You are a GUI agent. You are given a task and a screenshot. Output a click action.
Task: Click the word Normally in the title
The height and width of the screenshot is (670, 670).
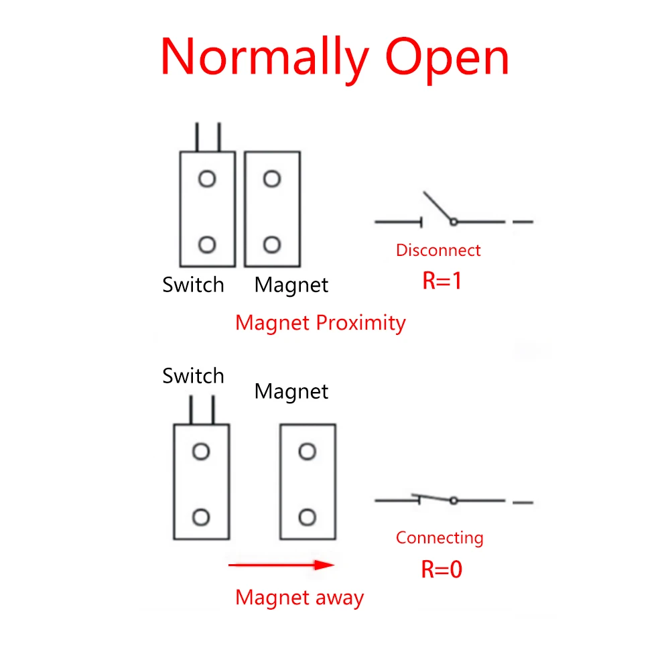[265, 59]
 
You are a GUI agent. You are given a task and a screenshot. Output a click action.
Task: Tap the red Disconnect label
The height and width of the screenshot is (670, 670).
[438, 251]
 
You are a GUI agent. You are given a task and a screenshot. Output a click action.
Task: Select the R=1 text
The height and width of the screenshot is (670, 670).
[442, 280]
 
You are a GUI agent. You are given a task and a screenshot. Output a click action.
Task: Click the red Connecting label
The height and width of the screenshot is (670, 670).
[440, 537]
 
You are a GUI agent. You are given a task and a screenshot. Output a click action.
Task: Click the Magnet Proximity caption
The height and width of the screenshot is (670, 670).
[320, 323]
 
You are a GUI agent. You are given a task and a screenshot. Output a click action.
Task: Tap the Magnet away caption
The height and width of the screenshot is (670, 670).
[299, 597]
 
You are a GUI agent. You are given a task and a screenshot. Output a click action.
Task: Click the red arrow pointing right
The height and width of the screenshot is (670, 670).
[281, 565]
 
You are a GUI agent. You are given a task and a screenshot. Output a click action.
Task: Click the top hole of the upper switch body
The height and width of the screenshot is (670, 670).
[207, 179]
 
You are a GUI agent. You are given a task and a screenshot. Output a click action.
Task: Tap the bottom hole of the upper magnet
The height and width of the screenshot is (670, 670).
[271, 245]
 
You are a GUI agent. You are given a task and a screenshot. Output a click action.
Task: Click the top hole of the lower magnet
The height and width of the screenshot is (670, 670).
[307, 452]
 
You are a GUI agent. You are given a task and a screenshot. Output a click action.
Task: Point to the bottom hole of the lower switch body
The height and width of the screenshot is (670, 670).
[201, 517]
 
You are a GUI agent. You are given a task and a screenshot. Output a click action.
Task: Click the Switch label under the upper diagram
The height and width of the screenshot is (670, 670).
[193, 285]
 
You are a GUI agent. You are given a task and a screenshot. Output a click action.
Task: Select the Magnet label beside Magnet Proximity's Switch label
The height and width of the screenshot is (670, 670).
[291, 285]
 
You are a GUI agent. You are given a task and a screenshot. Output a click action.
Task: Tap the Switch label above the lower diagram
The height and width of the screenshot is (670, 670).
[193, 376]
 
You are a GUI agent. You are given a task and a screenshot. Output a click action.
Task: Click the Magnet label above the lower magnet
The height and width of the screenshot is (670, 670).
[291, 391]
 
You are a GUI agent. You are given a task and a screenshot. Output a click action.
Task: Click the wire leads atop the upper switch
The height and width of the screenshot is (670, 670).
[208, 137]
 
